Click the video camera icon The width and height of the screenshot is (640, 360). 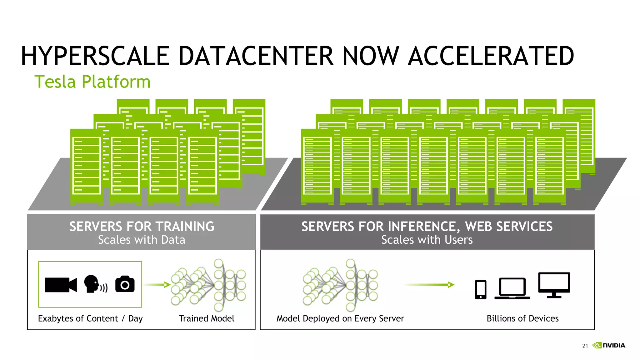61,285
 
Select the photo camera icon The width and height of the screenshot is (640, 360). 125,284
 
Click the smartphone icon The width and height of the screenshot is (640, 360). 481,289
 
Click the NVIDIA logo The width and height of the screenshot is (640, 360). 609,345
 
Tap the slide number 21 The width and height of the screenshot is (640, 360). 585,346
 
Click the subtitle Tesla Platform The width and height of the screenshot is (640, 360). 92,82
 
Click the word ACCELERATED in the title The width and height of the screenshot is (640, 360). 491,56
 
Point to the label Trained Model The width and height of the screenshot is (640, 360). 206,318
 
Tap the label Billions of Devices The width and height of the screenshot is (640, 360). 522,318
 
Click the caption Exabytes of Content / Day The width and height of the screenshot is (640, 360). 90,318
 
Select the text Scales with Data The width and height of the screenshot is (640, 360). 142,240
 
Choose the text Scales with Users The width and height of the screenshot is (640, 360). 427,240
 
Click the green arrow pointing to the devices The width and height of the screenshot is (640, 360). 429,285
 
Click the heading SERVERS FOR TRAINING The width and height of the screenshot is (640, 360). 142,227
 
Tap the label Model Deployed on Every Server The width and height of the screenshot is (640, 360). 340,318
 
